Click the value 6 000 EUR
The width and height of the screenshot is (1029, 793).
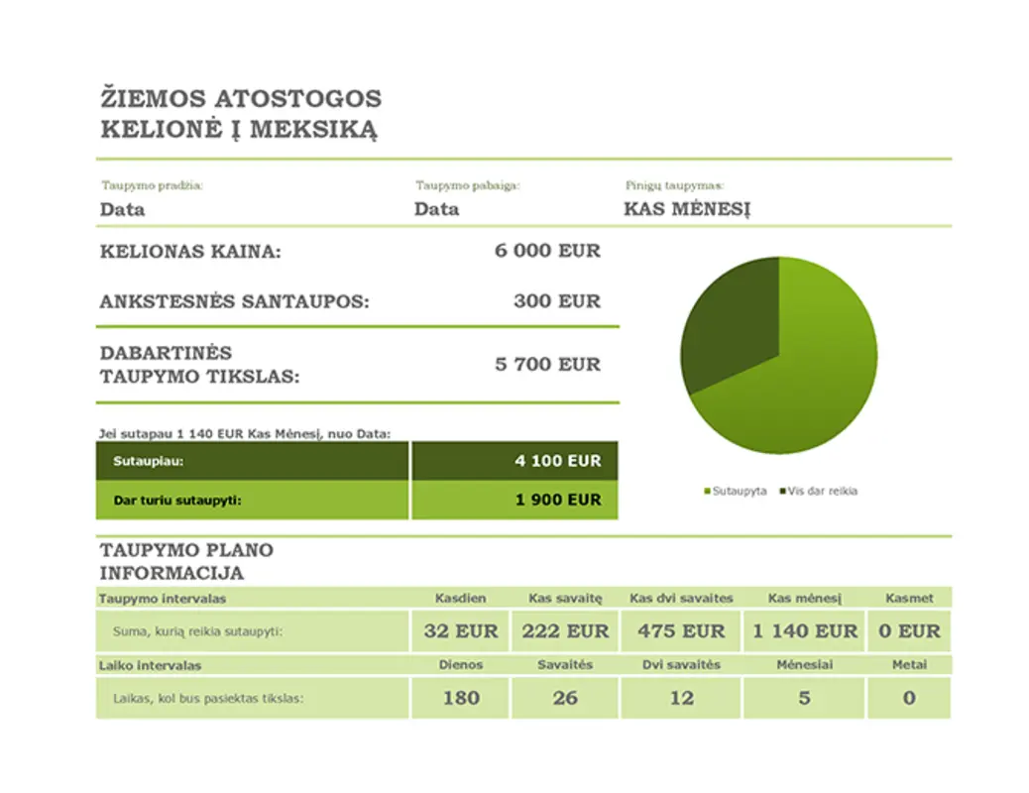click(547, 252)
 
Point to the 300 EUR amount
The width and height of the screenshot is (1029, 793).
click(557, 301)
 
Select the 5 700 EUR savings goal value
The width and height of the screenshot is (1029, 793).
click(547, 365)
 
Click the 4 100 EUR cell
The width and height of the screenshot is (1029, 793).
click(557, 461)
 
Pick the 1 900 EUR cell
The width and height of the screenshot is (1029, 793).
click(557, 500)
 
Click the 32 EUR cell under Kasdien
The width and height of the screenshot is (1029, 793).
click(460, 631)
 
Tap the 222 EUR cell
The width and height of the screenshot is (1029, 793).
click(565, 631)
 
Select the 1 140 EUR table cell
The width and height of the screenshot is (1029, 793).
click(804, 631)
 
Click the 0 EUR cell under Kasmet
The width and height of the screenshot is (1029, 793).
click(909, 631)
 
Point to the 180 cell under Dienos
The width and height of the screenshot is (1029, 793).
click(460, 698)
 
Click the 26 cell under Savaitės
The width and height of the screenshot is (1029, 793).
click(565, 698)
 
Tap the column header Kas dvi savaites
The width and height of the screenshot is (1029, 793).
click(681, 599)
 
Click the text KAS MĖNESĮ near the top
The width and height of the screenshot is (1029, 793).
click(687, 210)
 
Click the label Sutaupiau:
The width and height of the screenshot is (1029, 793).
click(149, 462)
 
